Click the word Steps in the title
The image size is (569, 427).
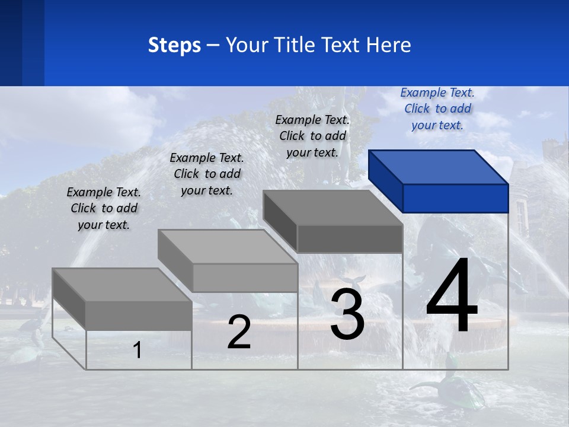click(174, 45)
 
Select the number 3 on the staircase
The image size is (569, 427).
click(347, 314)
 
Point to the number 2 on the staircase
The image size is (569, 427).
click(239, 333)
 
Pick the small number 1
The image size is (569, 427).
click(137, 350)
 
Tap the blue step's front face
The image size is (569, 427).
click(455, 198)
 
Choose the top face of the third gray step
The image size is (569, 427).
click(332, 208)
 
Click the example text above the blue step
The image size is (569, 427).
click(437, 109)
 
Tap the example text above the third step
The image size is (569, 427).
click(312, 136)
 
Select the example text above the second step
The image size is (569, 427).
click(207, 174)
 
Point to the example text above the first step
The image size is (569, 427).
click(104, 208)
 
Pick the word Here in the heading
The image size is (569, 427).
click(389, 45)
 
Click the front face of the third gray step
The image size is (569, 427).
click(350, 239)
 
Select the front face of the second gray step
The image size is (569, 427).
click(245, 278)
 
